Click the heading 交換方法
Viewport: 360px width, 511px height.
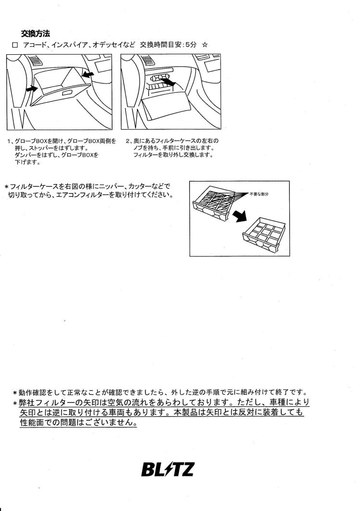[x=36, y=33]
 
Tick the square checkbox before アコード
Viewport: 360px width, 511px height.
[x=14, y=45]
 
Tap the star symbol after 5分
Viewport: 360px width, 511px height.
[x=205, y=45]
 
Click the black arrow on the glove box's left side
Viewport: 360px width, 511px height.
[x=30, y=89]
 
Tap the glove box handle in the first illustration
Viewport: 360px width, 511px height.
[x=67, y=93]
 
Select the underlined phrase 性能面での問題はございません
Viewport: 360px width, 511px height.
[x=78, y=423]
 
